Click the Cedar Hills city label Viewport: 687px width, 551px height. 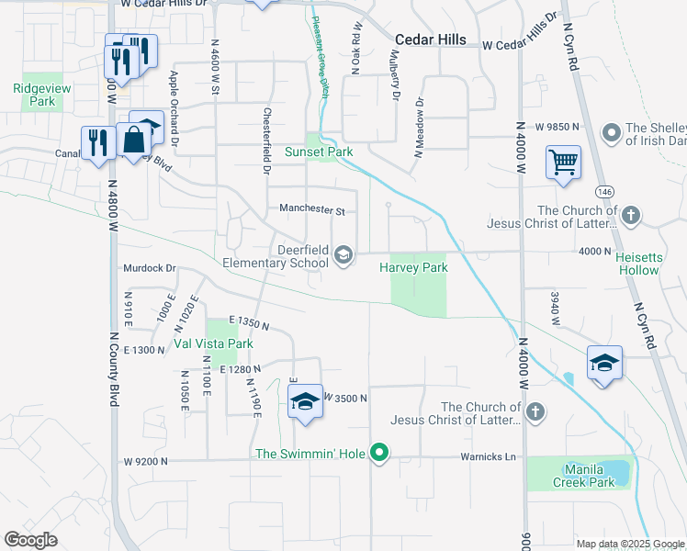click(x=430, y=40)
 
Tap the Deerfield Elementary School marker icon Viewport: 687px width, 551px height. click(x=343, y=255)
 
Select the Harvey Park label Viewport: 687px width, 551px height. click(x=413, y=268)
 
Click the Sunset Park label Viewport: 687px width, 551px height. click(x=319, y=152)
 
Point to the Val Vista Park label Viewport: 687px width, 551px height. click(x=213, y=344)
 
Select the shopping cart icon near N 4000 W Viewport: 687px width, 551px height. click(x=562, y=163)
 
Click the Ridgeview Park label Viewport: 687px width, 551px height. click(x=36, y=96)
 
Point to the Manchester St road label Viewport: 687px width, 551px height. click(x=312, y=210)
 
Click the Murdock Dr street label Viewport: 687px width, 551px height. click(x=149, y=268)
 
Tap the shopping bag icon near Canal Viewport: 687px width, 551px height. click(x=133, y=141)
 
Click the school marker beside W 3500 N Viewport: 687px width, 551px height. click(x=305, y=401)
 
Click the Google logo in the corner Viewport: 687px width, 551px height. click(x=30, y=540)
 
